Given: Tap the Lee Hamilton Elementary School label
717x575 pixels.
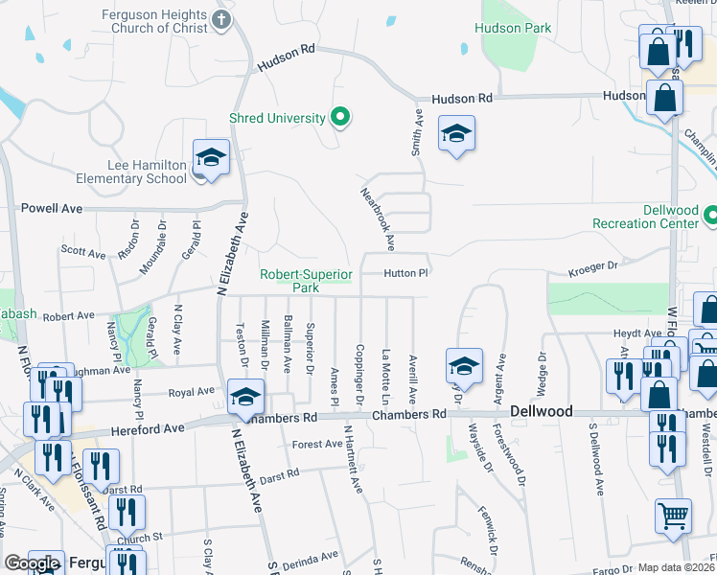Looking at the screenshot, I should [147, 172].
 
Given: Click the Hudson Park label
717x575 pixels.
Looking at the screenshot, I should [513, 29].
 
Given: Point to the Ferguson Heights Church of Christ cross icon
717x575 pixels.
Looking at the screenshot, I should [221, 20].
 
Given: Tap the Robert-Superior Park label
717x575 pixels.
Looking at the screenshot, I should [306, 281].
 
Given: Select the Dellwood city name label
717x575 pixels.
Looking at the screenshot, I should [541, 412].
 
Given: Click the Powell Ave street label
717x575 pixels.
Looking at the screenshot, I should [52, 208].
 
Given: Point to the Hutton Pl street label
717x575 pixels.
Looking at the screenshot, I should [403, 273].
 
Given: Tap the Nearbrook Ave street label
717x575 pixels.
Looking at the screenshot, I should [377, 218].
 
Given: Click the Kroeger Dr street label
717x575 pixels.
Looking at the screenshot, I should [595, 267].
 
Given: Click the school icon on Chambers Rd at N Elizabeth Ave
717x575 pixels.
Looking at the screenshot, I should [245, 398].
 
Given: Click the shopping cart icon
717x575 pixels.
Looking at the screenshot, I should [673, 515].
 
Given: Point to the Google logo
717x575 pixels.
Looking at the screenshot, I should [31, 563].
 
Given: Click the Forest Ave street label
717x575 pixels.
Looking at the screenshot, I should [317, 445].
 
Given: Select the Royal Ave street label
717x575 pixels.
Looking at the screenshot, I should [192, 392].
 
